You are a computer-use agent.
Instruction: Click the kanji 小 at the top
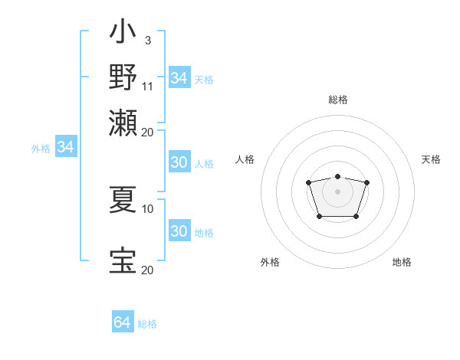pos(123,34)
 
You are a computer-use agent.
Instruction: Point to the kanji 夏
pos(123,201)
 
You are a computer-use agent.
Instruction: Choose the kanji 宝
pos(123,261)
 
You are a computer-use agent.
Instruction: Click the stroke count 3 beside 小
pos(147,39)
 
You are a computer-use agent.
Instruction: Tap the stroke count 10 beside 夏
pos(148,208)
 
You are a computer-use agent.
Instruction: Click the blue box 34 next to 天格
pos(179,78)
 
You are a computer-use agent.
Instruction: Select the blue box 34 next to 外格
pos(65,148)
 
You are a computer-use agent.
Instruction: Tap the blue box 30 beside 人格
pos(179,163)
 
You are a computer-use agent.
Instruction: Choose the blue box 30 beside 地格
pos(179,231)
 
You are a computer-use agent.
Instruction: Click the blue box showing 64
pos(122,322)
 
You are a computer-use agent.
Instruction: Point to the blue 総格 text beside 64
pos(147,324)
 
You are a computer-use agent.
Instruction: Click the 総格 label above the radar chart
pos(337,100)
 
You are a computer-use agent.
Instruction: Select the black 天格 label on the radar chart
pos(431,159)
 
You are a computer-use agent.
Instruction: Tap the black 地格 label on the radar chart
pos(402,262)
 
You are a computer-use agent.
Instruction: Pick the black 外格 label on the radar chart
pos(270,262)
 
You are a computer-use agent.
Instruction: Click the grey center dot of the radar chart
pos(337,191)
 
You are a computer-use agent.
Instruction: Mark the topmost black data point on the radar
pos(337,177)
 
